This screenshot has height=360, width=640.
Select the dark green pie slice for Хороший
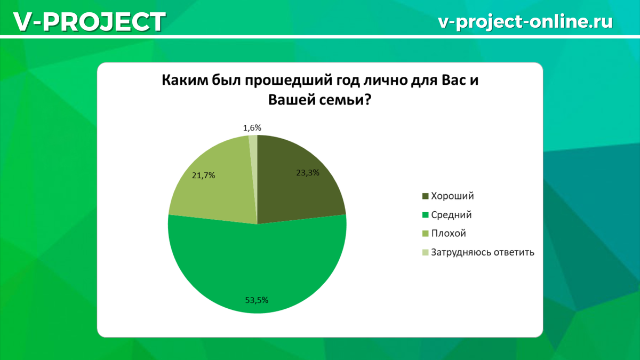(x=299, y=187)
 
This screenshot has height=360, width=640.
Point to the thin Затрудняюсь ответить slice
(x=253, y=160)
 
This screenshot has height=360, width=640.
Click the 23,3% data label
(x=307, y=172)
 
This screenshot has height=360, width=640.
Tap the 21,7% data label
(x=203, y=175)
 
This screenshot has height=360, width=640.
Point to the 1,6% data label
(x=252, y=127)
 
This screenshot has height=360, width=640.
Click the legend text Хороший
(x=452, y=196)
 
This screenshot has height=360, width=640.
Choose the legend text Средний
(x=451, y=215)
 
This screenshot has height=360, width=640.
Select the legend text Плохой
(x=449, y=234)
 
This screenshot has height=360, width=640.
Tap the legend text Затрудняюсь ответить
(x=482, y=252)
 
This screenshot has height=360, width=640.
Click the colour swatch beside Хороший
(x=425, y=196)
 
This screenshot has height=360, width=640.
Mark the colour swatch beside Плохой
(x=425, y=234)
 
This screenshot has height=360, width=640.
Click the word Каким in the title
(x=182, y=82)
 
